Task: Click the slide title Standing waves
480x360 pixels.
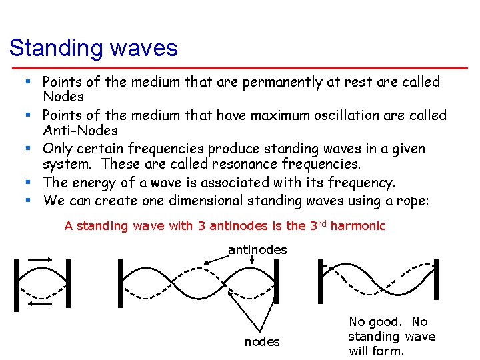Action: [x=93, y=48]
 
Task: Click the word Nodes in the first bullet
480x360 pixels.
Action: [x=63, y=97]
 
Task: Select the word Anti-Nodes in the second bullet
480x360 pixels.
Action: [x=80, y=131]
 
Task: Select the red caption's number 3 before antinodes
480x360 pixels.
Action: [x=201, y=226]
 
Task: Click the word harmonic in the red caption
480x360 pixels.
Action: [x=358, y=226]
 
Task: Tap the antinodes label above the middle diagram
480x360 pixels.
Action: [x=257, y=250]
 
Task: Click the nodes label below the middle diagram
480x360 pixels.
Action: [x=262, y=342]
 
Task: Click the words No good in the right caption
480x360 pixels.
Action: [x=375, y=322]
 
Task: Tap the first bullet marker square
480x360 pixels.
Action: [x=29, y=82]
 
